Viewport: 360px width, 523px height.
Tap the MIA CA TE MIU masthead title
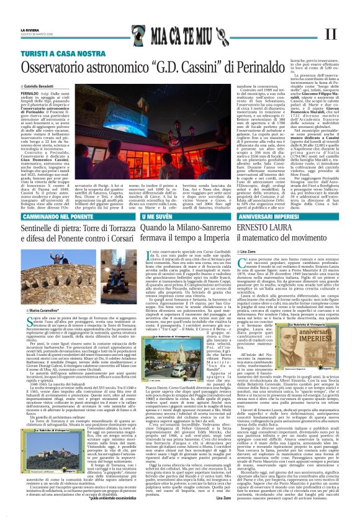coord(178,32)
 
